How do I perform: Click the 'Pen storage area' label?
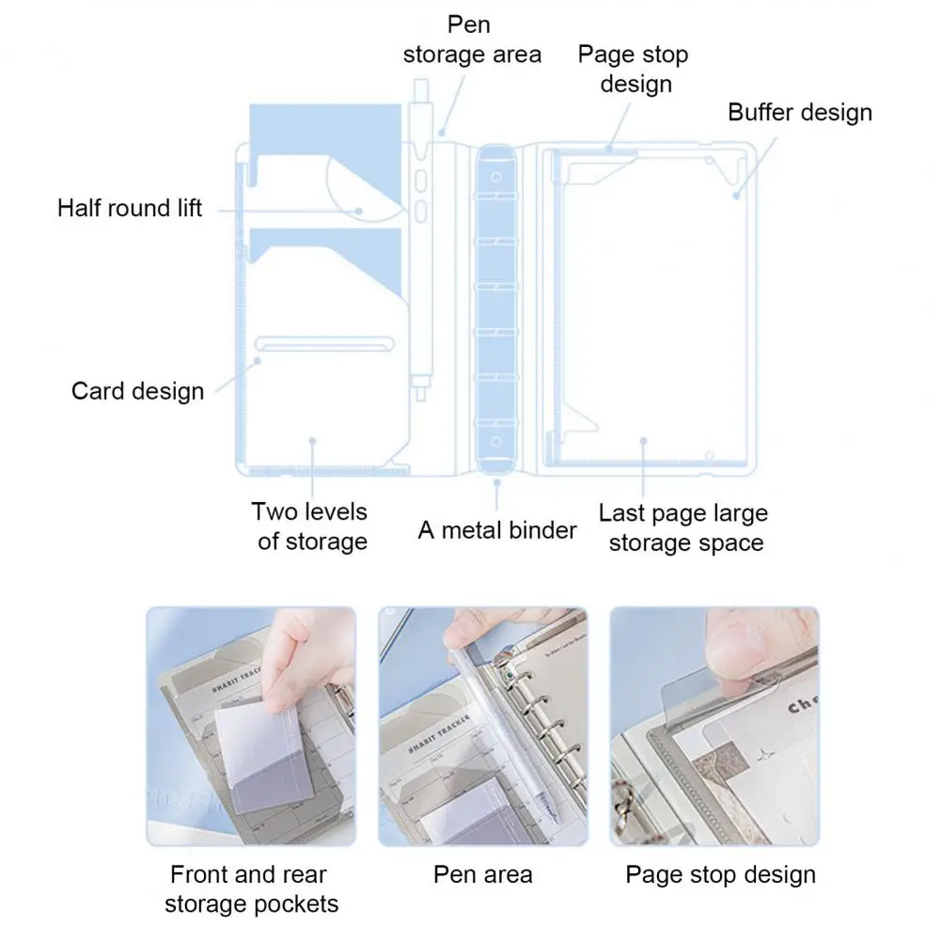(x=472, y=39)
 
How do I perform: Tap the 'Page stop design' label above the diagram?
(x=633, y=69)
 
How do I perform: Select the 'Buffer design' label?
(x=800, y=113)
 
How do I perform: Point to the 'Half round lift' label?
(x=130, y=208)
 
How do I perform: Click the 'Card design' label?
(x=137, y=390)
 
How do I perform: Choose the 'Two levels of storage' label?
(x=310, y=526)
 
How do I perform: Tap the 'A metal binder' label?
(x=496, y=530)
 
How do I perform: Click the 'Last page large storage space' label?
(x=683, y=527)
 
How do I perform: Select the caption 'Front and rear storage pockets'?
(x=250, y=889)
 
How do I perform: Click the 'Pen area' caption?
(x=482, y=874)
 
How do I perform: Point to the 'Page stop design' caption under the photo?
(x=720, y=874)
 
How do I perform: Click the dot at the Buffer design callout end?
(x=738, y=196)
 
